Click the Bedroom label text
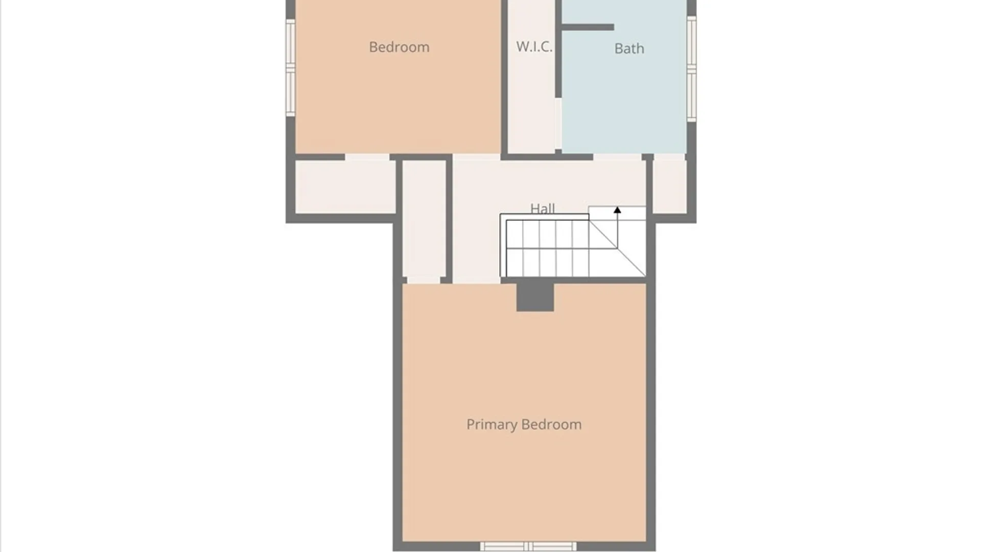[x=399, y=47]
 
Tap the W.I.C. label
[x=534, y=47]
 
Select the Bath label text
[x=629, y=49]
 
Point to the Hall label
[x=542, y=208]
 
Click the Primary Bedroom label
[x=524, y=424]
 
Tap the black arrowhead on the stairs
[x=617, y=210]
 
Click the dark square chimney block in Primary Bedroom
[x=535, y=296]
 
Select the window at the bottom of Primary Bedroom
[x=528, y=546]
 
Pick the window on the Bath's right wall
[x=691, y=69]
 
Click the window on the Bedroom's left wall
[x=290, y=68]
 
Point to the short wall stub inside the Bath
[x=588, y=27]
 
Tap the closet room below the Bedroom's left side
[x=345, y=187]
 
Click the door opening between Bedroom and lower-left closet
[x=367, y=157]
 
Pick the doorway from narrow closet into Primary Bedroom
[x=424, y=280]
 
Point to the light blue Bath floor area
[x=623, y=102]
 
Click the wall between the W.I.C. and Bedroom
[x=504, y=77]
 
